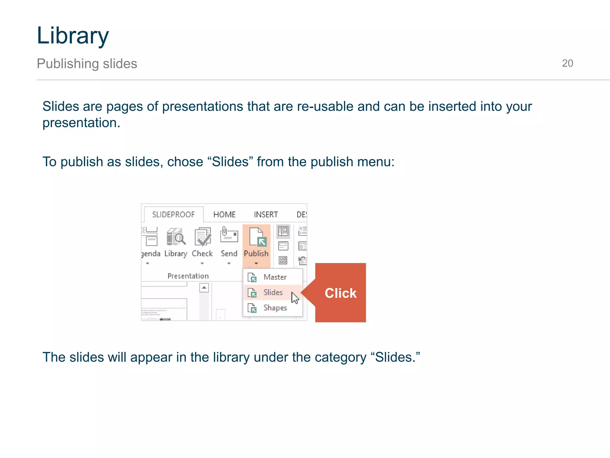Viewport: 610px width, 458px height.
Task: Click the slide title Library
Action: [73, 35]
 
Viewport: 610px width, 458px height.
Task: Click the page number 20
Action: [567, 63]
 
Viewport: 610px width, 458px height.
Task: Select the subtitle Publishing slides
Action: [87, 64]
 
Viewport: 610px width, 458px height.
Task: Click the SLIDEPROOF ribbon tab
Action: [173, 214]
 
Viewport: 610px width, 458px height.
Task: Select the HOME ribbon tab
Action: [224, 214]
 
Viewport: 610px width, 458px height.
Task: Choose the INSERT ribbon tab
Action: [266, 214]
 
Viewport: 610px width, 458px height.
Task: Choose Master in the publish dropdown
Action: [274, 277]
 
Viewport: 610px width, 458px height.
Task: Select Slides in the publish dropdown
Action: [273, 293]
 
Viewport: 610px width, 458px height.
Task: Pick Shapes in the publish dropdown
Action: [275, 308]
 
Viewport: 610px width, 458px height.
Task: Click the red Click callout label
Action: [340, 293]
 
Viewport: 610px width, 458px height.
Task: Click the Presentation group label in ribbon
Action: [188, 276]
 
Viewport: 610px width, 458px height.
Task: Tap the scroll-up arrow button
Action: [204, 288]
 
